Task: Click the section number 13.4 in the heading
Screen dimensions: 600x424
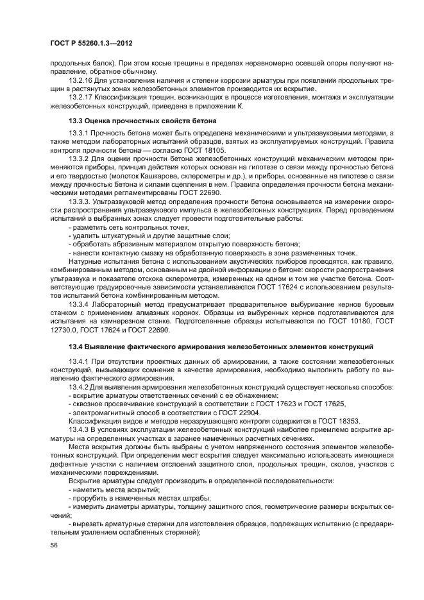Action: [x=77, y=347]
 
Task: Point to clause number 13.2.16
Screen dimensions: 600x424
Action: [x=80, y=81]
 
